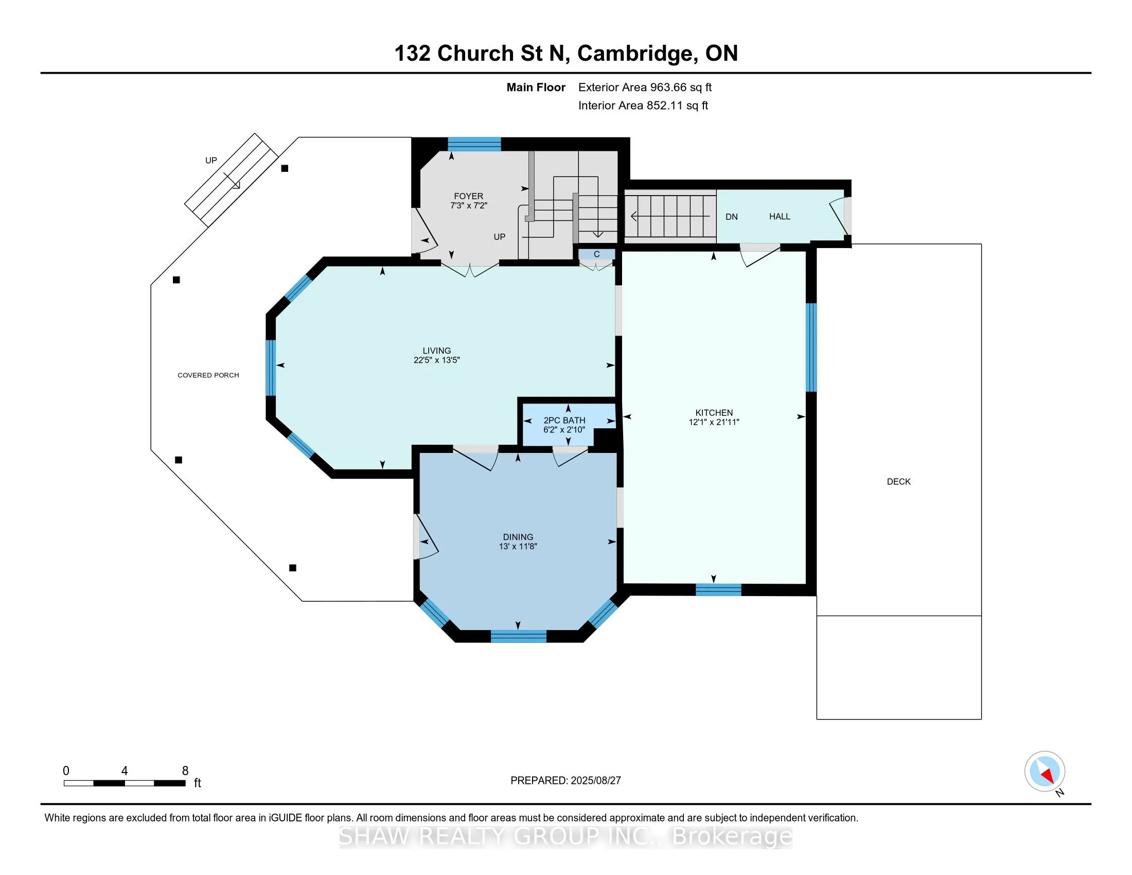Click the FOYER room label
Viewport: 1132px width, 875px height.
(x=469, y=196)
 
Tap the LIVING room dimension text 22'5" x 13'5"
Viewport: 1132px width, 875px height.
(x=436, y=360)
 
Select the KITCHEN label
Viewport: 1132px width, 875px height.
(x=714, y=413)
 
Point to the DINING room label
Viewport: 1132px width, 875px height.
(x=518, y=537)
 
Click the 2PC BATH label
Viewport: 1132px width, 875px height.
(x=564, y=421)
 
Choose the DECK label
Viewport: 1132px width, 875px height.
(x=899, y=482)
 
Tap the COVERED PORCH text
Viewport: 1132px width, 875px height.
(x=208, y=375)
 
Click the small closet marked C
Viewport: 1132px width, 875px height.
(x=596, y=254)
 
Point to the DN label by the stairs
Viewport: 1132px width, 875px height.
(x=731, y=217)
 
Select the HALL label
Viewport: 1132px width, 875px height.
(x=780, y=216)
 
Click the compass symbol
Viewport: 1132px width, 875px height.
(x=1045, y=771)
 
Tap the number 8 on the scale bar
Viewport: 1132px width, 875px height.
(x=185, y=771)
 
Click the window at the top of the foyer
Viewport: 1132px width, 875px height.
(x=474, y=144)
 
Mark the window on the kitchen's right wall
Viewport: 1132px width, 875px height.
(x=811, y=347)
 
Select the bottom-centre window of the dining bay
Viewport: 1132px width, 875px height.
(x=518, y=636)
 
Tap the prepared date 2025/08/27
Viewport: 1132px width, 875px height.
(x=595, y=780)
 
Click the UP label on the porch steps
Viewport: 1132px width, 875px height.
(x=211, y=161)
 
